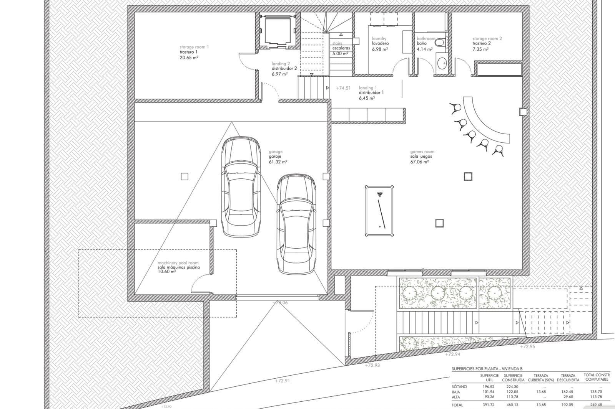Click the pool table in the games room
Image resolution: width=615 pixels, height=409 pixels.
point(379,211)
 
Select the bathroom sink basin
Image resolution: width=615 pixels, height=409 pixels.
point(442,63)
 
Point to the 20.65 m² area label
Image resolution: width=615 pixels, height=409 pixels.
point(189,58)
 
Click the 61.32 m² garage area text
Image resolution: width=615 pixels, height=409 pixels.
point(278,162)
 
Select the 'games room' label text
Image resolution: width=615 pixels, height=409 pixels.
point(422,152)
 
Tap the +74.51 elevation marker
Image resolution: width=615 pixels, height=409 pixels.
point(343,88)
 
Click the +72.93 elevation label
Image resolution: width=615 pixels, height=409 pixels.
point(372,365)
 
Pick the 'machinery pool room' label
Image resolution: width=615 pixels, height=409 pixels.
point(178,263)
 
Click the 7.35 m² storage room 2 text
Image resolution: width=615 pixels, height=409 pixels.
point(480,49)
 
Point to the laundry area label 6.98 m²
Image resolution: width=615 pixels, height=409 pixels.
point(380,49)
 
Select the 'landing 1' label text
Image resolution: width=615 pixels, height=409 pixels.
point(368,88)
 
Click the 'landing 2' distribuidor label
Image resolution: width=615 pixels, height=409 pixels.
point(281,64)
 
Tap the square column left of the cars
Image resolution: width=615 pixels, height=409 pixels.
point(184,176)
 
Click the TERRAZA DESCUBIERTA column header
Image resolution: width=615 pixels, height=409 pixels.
point(568,378)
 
